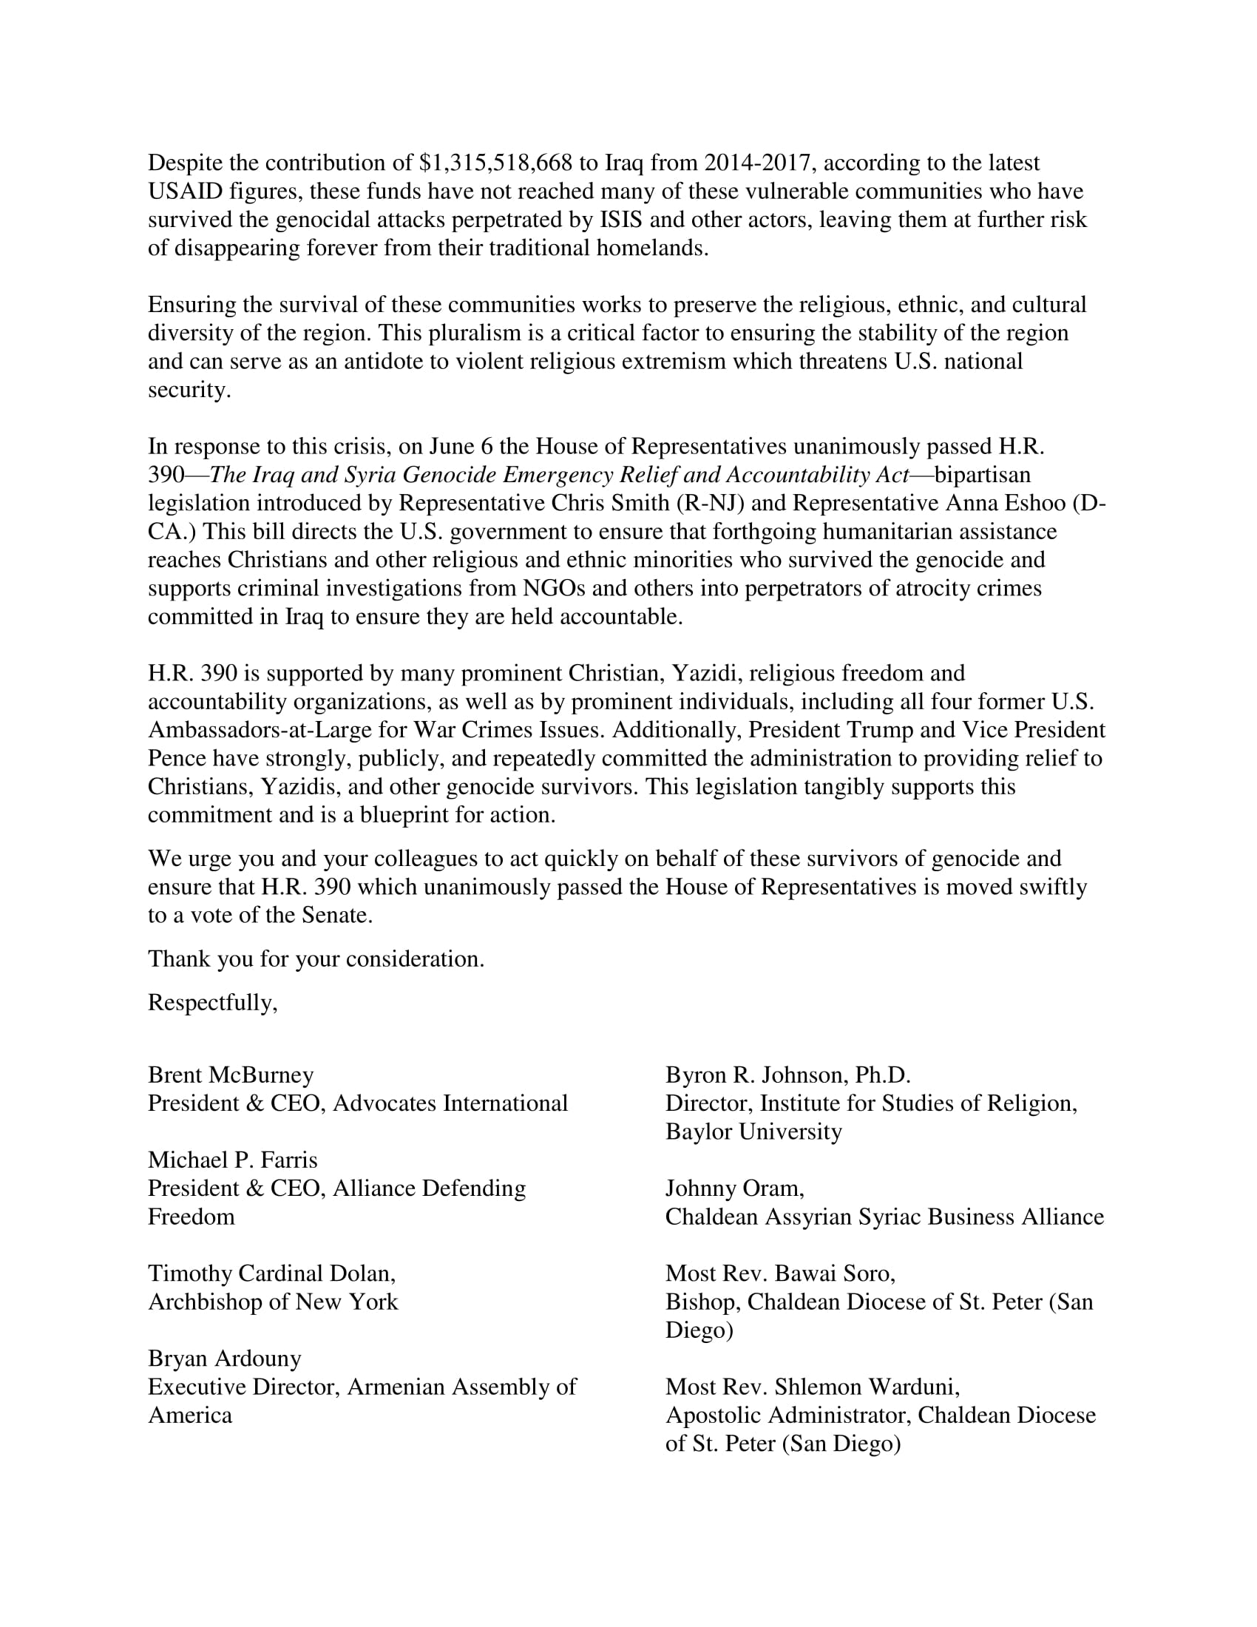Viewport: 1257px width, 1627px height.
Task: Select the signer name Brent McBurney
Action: tap(231, 1075)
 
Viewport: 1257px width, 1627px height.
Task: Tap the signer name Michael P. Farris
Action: tap(232, 1160)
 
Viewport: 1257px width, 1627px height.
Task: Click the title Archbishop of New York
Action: tap(273, 1302)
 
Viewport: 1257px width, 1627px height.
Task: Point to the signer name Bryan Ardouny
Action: tap(225, 1358)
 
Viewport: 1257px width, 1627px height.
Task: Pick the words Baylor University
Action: tap(753, 1132)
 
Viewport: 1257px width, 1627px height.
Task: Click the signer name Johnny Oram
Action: tap(734, 1188)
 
